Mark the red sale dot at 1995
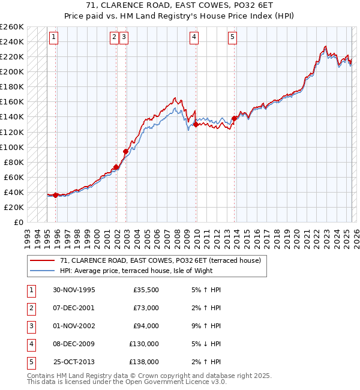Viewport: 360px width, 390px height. (56, 195)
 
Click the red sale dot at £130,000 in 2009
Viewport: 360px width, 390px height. (196, 124)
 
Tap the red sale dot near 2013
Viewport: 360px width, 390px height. (234, 118)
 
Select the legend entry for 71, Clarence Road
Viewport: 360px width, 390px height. (160, 261)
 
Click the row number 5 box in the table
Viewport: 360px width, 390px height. (30, 362)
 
